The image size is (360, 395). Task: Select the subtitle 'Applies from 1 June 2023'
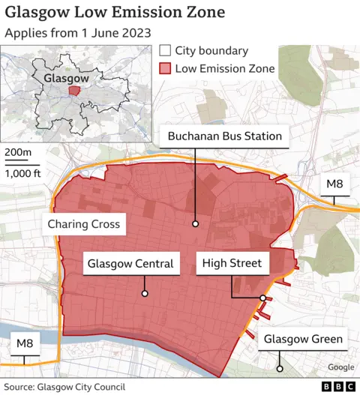point(78,34)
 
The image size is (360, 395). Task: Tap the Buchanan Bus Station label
point(225,136)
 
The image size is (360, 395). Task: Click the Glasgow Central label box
point(130,264)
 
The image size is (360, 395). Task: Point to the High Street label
point(230,263)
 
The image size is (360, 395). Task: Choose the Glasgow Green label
point(303,340)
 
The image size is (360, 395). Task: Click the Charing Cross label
point(83,224)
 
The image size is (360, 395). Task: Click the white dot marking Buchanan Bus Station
point(195,223)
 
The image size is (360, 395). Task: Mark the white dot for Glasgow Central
point(144,294)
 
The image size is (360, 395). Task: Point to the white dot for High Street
point(262,298)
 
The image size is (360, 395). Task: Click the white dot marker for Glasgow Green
point(279,368)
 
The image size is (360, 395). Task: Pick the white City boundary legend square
point(165,52)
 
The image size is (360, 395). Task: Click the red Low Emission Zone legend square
point(165,69)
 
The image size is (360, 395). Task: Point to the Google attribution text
point(340,367)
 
